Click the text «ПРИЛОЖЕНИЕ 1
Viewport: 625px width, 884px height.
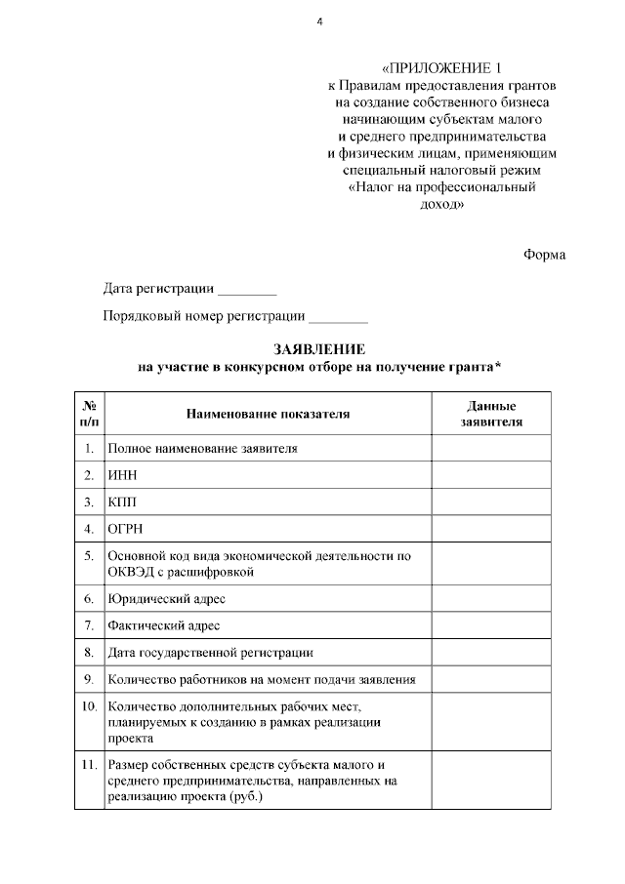436,68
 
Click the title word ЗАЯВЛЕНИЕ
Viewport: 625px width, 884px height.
319,348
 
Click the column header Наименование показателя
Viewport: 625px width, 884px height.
267,414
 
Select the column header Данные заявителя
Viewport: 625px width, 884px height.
490,414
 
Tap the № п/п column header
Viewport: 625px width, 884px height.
89,414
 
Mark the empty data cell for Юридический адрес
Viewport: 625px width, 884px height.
490,598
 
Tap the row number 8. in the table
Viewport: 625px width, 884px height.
89,652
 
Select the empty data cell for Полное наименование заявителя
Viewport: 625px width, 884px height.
490,448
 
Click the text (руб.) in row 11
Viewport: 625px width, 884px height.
247,797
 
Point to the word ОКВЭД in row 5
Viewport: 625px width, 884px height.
131,571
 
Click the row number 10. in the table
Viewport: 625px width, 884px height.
89,704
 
